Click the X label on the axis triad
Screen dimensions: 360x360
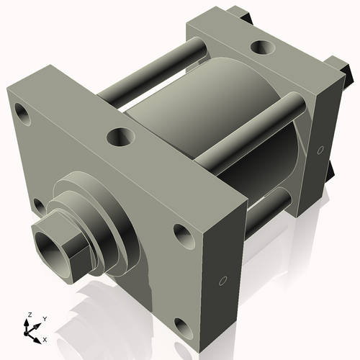pyautogui.click(x=45, y=338)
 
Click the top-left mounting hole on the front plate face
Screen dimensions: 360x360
pyautogui.click(x=22, y=113)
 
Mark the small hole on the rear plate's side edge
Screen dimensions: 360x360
pyautogui.click(x=320, y=150)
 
